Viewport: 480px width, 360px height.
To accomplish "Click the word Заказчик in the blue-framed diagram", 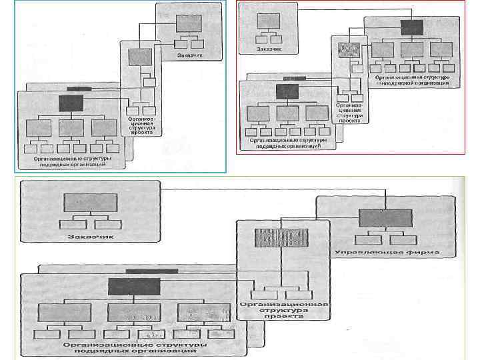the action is pyautogui.click(x=190, y=56).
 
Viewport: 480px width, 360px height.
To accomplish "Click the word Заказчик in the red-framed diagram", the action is pyautogui.click(x=269, y=49).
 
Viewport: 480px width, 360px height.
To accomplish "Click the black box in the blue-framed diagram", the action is pyautogui.click(x=71, y=103).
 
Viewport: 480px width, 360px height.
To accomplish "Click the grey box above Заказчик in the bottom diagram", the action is pyautogui.click(x=90, y=203).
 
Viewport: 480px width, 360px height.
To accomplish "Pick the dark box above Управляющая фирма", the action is pyautogui.click(x=385, y=218).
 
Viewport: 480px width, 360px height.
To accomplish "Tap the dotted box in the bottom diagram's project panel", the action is pyautogui.click(x=281, y=238).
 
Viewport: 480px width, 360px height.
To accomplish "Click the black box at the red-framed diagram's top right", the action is pyautogui.click(x=412, y=27).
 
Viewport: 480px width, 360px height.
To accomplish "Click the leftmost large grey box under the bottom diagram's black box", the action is pyautogui.click(x=65, y=313).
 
